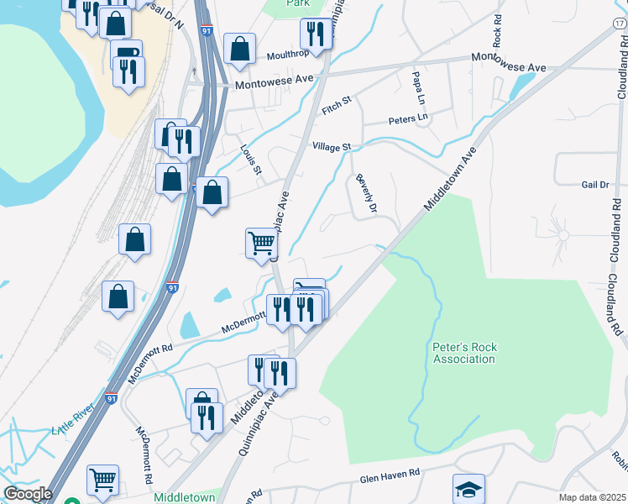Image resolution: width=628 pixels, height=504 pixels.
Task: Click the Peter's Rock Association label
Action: click(463, 352)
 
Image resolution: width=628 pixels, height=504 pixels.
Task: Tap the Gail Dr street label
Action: click(594, 184)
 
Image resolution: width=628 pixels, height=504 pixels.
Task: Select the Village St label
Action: click(331, 147)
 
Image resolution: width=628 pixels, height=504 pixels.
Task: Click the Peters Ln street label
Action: click(408, 118)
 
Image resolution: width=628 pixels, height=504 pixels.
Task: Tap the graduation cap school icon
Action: click(469, 488)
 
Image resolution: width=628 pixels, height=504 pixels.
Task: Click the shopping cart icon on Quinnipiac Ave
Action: click(261, 244)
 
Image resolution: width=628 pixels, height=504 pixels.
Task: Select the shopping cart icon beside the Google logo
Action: click(102, 480)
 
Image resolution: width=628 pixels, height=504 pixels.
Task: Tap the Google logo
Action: click(28, 494)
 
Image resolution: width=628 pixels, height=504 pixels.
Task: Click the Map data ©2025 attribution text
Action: click(592, 497)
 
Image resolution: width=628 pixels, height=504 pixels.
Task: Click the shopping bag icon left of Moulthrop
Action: click(239, 49)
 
